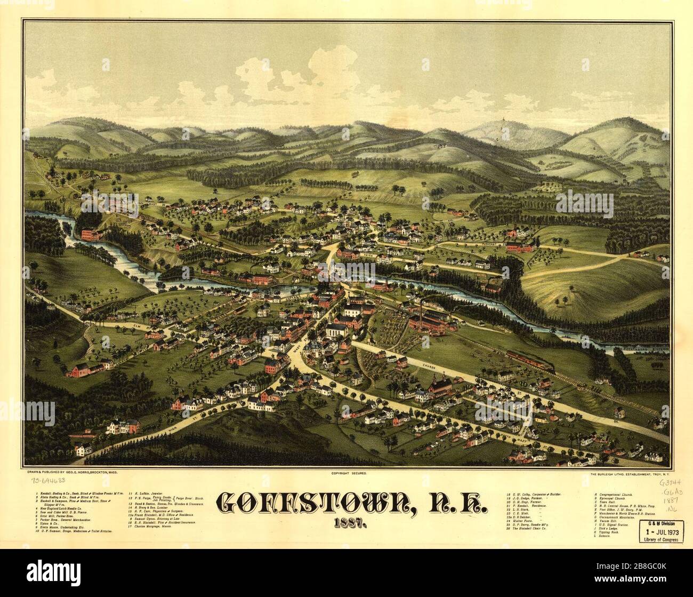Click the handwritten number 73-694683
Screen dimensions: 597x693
coord(45,481)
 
